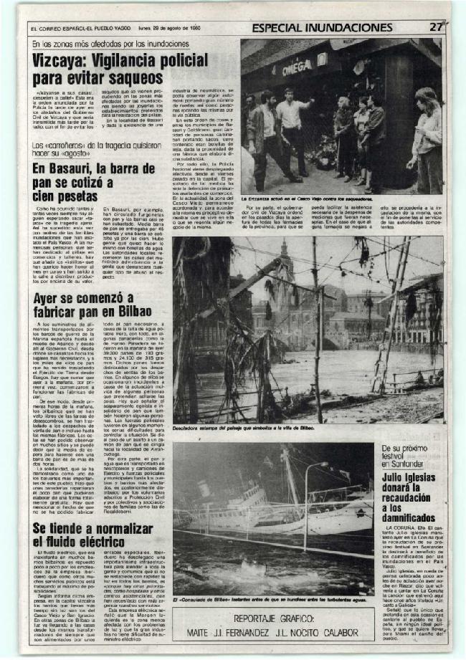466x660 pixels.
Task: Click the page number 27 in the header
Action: tap(435, 27)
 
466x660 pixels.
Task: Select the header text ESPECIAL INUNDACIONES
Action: tap(322, 28)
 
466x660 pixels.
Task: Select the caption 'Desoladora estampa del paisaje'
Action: tap(244, 429)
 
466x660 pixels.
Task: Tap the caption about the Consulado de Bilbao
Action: tap(272, 599)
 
